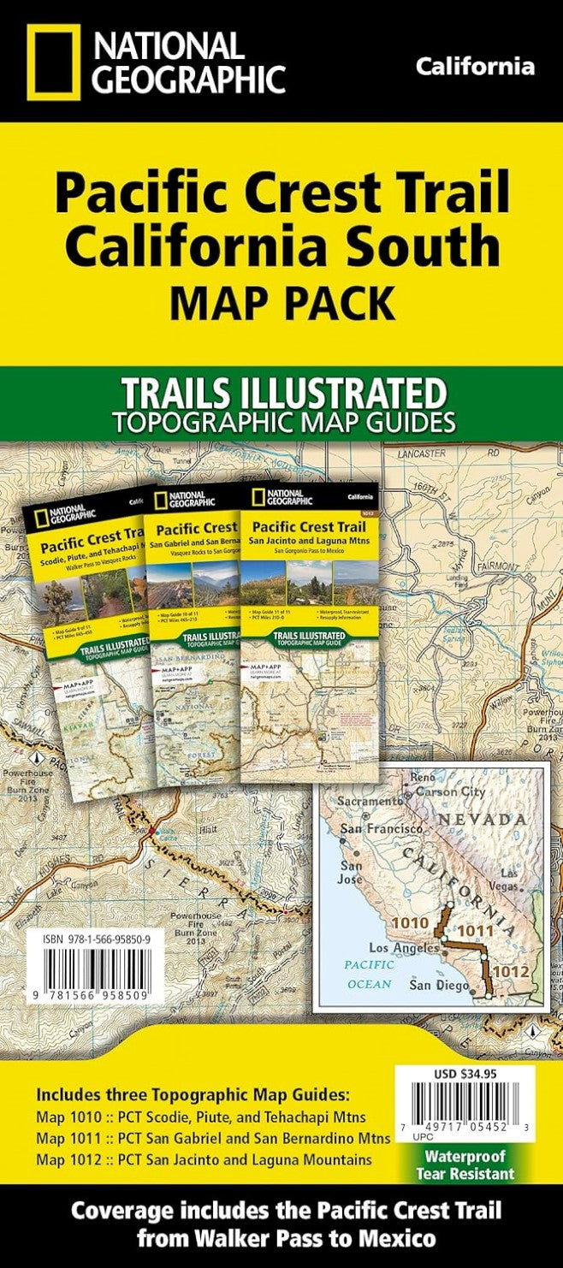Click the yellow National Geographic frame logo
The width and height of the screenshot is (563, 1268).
pyautogui.click(x=53, y=62)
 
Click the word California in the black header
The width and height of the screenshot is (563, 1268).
pyautogui.click(x=476, y=67)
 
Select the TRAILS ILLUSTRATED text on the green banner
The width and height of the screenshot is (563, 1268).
pyautogui.click(x=283, y=394)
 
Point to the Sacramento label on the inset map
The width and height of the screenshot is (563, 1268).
pyautogui.click(x=369, y=802)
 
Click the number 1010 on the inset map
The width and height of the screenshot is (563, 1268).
pyautogui.click(x=408, y=923)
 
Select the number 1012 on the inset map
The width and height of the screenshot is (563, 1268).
pyautogui.click(x=511, y=972)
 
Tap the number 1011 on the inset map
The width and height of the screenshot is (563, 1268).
pyautogui.click(x=475, y=931)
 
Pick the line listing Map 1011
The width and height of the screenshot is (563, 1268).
pyautogui.click(x=213, y=1139)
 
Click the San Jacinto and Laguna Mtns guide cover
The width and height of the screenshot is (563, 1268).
pyautogui.click(x=309, y=633)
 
